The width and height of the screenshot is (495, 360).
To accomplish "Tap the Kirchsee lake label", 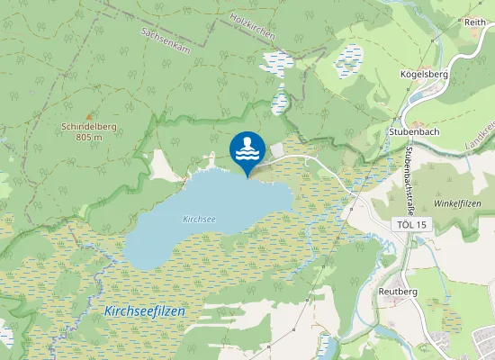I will [x=199, y=219].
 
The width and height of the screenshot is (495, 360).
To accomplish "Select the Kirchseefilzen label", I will [x=145, y=310].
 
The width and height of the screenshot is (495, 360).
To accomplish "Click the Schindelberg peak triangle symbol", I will [x=88, y=117].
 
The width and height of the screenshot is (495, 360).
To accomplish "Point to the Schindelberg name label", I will [x=88, y=128].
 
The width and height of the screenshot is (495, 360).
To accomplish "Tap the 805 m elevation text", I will [x=88, y=138].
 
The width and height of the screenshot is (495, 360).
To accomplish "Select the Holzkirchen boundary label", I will [x=252, y=26].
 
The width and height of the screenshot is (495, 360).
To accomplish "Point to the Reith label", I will [x=473, y=21].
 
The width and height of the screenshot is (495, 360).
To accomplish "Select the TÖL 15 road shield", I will [x=409, y=223].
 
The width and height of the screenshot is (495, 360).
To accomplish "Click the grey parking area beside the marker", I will [x=275, y=148].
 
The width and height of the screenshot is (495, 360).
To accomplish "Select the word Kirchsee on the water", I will [x=199, y=219].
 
